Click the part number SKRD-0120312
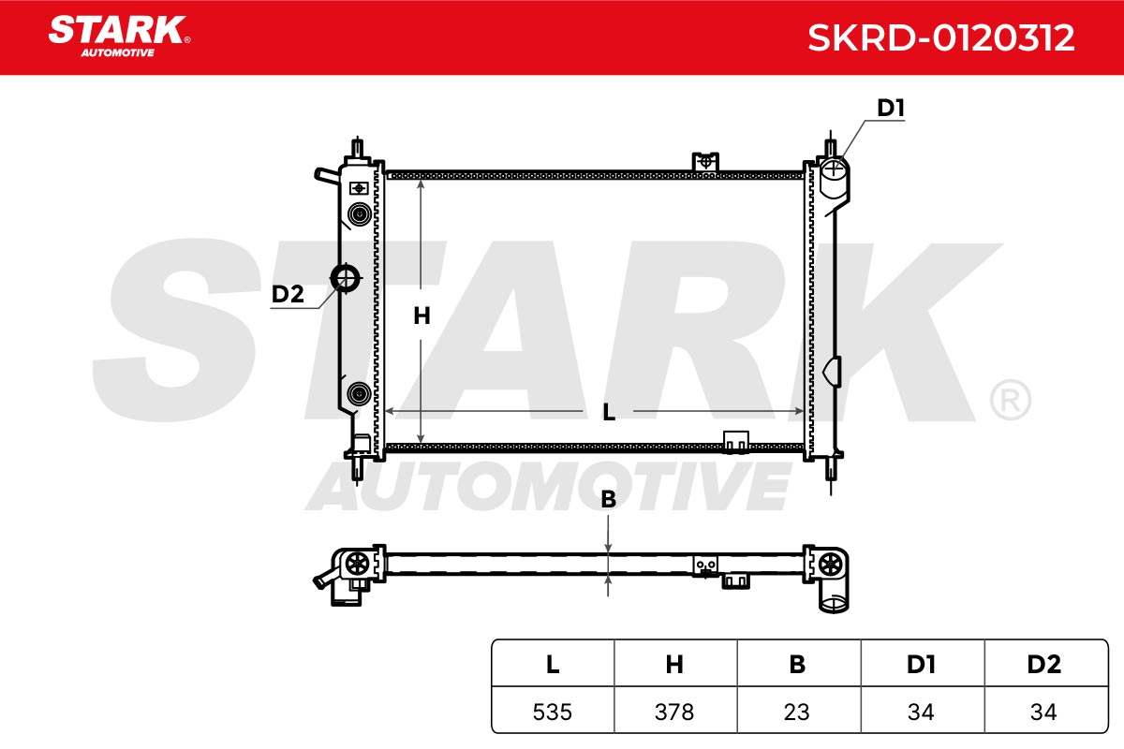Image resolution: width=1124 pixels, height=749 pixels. pyautogui.click(x=940, y=38)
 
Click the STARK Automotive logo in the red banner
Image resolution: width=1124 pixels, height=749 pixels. pyautogui.click(x=119, y=37)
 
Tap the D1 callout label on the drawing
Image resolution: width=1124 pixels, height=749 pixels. pyautogui.click(x=890, y=108)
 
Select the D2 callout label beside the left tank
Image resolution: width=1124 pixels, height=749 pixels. pyautogui.click(x=288, y=294)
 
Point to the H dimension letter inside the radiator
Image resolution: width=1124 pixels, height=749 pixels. pyautogui.click(x=421, y=316)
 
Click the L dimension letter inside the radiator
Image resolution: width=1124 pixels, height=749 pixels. pyautogui.click(x=608, y=412)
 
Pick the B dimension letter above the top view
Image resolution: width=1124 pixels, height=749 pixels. pyautogui.click(x=608, y=499)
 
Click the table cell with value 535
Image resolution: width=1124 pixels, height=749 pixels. pyautogui.click(x=553, y=712)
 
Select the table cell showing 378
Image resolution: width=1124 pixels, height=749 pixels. pyautogui.click(x=675, y=712)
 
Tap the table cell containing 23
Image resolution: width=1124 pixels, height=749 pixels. pyautogui.click(x=798, y=712)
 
